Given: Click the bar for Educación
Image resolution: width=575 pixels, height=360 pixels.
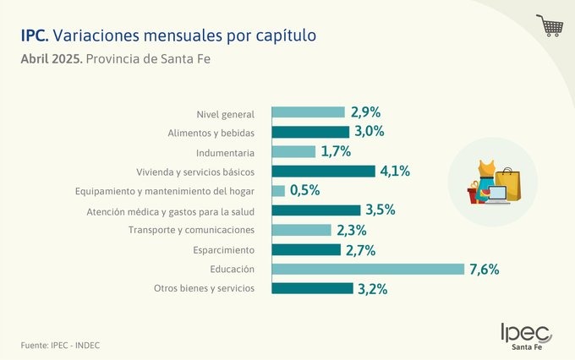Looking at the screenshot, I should click(368, 269).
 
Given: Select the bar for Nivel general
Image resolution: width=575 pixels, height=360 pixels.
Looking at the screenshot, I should click(308, 112).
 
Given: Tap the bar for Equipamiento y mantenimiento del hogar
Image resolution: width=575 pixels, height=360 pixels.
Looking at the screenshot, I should click(278, 191).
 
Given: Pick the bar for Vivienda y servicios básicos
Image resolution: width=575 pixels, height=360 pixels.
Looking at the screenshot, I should click(323, 171).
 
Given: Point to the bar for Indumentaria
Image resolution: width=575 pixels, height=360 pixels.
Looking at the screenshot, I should click(293, 152).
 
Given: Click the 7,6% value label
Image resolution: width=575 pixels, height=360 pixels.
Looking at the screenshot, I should click(485, 270).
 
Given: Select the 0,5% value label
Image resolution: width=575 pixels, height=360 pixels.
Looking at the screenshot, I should click(304, 191).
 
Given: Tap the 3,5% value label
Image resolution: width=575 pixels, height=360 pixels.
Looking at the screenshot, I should click(378, 210).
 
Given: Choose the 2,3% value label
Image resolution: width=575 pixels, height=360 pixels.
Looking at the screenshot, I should click(350, 230).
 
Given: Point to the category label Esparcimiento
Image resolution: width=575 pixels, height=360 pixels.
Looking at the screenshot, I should click(224, 250).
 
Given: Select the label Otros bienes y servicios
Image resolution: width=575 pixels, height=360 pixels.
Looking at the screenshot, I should click(204, 289).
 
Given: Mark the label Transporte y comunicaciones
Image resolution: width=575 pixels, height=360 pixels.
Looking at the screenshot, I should click(191, 231).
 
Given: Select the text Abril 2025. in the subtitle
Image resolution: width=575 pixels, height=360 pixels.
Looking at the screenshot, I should click(52, 60).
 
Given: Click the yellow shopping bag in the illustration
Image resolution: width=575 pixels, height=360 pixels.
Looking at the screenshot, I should click(507, 183).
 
